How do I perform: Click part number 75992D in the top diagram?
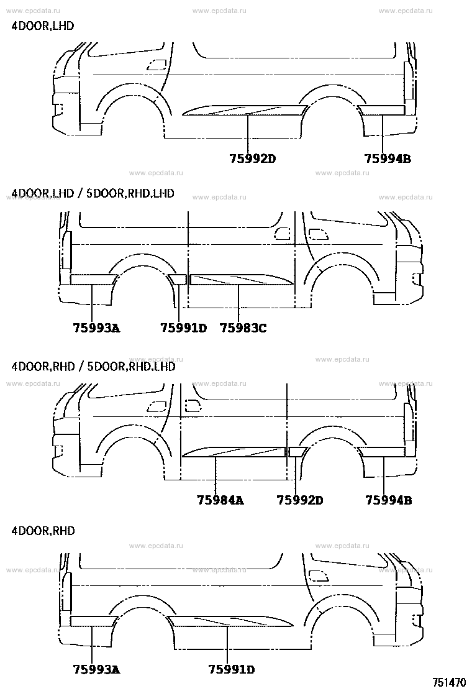click(253, 158)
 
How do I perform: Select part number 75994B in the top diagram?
click(388, 158)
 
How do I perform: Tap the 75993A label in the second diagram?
click(96, 328)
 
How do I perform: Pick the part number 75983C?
click(243, 328)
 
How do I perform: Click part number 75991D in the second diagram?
click(183, 328)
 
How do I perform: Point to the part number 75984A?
click(220, 500)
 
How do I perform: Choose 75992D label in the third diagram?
click(300, 500)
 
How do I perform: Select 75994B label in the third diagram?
click(388, 500)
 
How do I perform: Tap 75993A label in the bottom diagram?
click(96, 669)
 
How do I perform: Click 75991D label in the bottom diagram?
click(232, 669)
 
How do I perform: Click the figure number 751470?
click(449, 683)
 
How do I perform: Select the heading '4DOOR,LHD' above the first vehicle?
click(43, 26)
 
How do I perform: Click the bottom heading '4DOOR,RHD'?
click(43, 531)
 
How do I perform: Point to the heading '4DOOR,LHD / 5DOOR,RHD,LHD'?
click(93, 193)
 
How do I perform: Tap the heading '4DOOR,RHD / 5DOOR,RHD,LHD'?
click(93, 366)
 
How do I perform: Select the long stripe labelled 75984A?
click(234, 452)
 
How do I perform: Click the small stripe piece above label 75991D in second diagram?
click(178, 279)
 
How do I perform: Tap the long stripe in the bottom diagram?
click(230, 621)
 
